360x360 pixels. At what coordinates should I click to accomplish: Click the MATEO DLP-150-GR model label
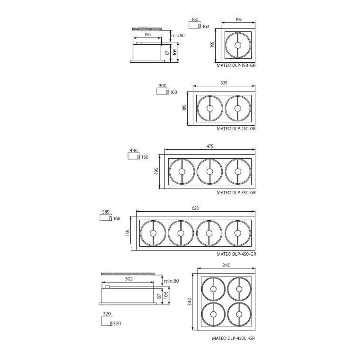(236, 66)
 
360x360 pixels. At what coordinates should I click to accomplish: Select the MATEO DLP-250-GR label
(236, 129)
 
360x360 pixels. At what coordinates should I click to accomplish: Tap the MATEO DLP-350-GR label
(236, 193)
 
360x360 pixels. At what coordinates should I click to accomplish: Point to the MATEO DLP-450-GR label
(236, 254)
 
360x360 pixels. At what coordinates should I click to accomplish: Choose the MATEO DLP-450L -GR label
(234, 338)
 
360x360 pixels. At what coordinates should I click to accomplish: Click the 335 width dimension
(224, 83)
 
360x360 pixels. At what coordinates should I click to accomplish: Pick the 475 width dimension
(210, 146)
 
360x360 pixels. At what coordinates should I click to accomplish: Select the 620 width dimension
(195, 208)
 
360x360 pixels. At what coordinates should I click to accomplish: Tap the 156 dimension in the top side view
(147, 35)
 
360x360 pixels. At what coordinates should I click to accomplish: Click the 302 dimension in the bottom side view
(129, 279)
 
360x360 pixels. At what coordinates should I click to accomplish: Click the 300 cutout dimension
(162, 86)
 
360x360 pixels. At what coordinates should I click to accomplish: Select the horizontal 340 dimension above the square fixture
(226, 265)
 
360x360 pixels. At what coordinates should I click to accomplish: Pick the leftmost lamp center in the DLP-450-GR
(153, 233)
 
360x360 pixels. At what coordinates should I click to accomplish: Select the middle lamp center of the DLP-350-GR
(210, 171)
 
